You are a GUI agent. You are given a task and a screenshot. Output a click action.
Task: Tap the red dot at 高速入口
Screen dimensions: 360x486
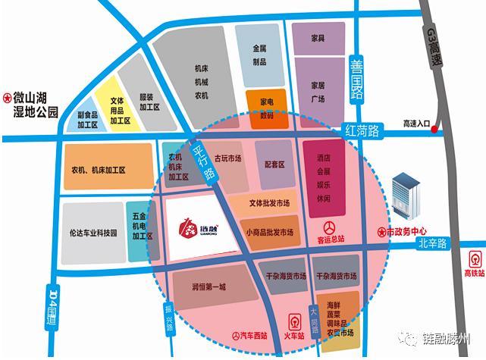434,130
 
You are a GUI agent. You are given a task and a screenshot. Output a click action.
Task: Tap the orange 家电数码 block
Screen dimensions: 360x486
267,109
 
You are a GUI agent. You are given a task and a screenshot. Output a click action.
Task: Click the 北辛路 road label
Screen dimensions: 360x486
433,244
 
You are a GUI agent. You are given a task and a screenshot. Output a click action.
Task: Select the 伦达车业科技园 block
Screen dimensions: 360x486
92,233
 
